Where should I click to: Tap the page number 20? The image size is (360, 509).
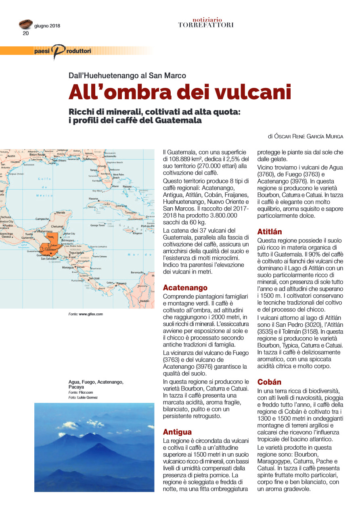pyautogui.click(x=25, y=33)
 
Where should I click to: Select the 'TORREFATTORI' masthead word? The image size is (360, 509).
pyautogui.click(x=206, y=25)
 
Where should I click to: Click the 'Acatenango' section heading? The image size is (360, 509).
pyautogui.click(x=185, y=288)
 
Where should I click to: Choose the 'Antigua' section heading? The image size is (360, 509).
pyautogui.click(x=177, y=432)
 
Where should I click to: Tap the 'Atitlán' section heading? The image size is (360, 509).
pyautogui.click(x=270, y=232)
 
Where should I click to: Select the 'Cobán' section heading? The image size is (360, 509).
pyautogui.click(x=269, y=382)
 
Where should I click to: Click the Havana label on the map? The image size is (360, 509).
pyautogui.click(x=94, y=199)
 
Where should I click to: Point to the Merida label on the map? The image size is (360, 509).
pyautogui.click(x=61, y=212)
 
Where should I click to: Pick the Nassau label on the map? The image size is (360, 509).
pyautogui.click(x=128, y=187)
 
